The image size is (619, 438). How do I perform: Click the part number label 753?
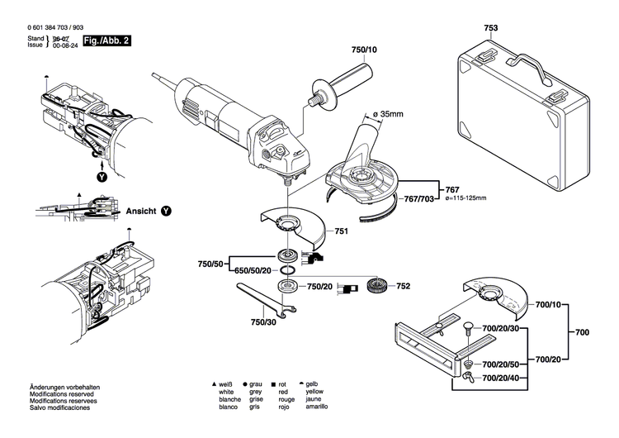click(x=490, y=27)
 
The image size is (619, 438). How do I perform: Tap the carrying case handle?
click(x=528, y=67)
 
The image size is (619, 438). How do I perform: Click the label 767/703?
click(x=420, y=199)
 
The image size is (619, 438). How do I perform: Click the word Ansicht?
click(x=140, y=212)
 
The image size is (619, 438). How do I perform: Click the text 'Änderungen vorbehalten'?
click(x=64, y=388)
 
